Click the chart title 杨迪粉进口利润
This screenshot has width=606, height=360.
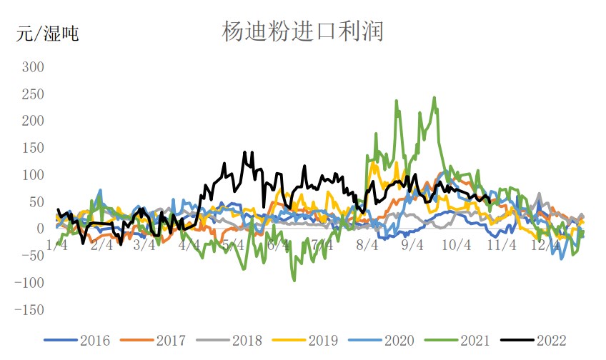tap(303, 31)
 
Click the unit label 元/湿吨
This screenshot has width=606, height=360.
tap(48, 34)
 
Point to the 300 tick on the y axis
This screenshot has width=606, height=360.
tap(34, 67)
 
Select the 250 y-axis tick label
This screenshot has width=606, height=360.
tap(34, 94)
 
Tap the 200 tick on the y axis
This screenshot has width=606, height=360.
tap(34, 121)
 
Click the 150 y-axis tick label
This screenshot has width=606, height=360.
tap(34, 149)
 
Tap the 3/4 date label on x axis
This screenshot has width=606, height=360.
tap(144, 245)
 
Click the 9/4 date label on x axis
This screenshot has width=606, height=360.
tap(412, 245)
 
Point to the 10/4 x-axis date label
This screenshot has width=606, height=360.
tap(457, 245)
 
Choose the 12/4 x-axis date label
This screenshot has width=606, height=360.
tap(545, 245)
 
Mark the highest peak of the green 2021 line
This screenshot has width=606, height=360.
tap(434, 98)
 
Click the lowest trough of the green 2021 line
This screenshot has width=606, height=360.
tap(294, 281)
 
